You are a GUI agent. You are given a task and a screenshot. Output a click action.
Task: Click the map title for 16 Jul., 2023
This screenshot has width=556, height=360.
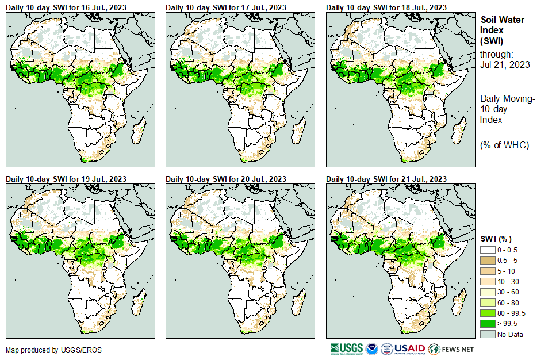[66, 7]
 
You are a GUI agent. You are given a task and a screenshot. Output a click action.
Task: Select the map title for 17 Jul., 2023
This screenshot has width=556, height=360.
[226, 7]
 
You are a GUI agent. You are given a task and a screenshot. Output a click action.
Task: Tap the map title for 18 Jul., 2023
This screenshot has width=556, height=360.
[386, 7]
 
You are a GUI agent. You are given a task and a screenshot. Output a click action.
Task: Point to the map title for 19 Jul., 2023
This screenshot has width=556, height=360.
[66, 179]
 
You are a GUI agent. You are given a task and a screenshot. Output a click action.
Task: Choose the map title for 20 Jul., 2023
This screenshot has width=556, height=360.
[226, 179]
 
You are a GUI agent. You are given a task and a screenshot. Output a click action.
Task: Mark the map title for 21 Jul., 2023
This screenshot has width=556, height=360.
[386, 179]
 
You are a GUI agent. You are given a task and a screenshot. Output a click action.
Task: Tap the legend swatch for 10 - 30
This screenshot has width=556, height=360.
[488, 282]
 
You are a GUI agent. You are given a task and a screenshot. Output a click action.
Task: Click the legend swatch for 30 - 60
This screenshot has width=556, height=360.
[488, 292]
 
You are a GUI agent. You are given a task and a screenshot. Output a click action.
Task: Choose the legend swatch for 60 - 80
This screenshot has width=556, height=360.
[488, 302]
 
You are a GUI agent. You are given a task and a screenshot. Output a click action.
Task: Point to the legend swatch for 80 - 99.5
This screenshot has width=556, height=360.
[488, 313]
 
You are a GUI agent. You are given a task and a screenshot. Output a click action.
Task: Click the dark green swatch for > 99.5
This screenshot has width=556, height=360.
[488, 324]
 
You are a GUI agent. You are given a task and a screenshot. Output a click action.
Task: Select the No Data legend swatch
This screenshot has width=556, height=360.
[488, 334]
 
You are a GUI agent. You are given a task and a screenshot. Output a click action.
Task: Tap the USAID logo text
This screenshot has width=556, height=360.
[409, 348]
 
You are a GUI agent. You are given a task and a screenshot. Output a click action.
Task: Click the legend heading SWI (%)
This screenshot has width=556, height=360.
[496, 239]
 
